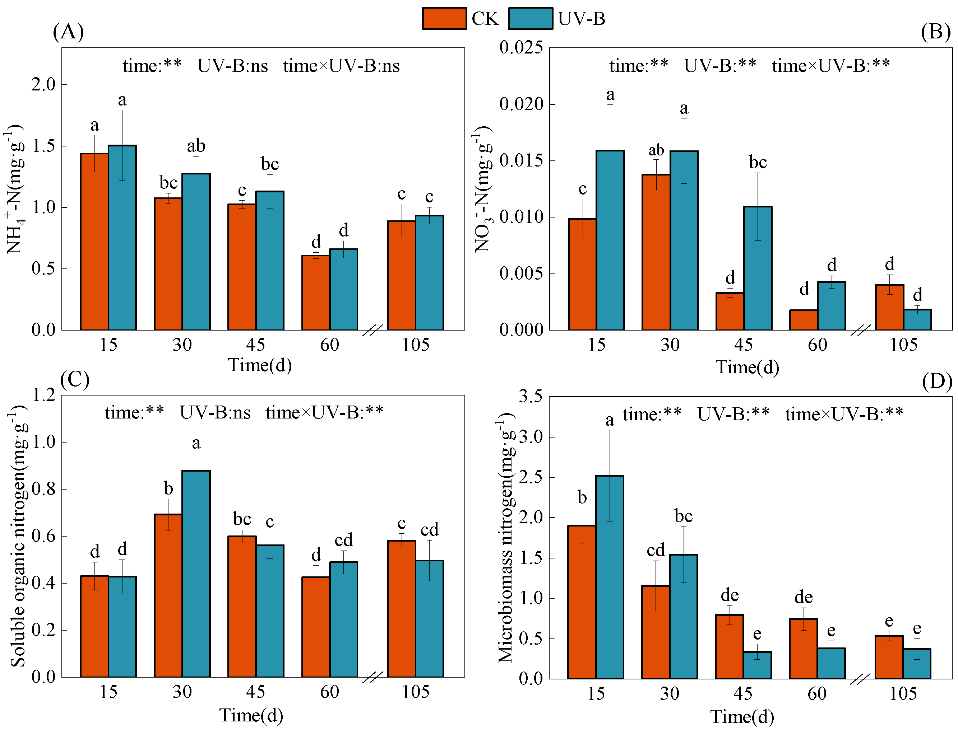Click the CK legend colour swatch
point(444,19)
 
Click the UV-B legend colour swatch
point(531,19)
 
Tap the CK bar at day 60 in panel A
point(316,293)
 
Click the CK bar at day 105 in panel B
point(889,307)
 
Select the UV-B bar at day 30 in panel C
point(196,574)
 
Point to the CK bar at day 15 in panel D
point(582,602)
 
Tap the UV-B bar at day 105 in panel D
point(917,664)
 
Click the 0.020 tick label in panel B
point(521,104)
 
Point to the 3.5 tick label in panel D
point(531,396)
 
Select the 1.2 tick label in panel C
point(44,395)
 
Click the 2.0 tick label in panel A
point(44,84)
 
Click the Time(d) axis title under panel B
point(747,367)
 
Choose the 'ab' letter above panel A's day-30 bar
point(196,146)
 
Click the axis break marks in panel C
point(373,677)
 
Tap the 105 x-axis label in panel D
point(903,693)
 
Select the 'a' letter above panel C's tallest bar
point(196,443)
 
